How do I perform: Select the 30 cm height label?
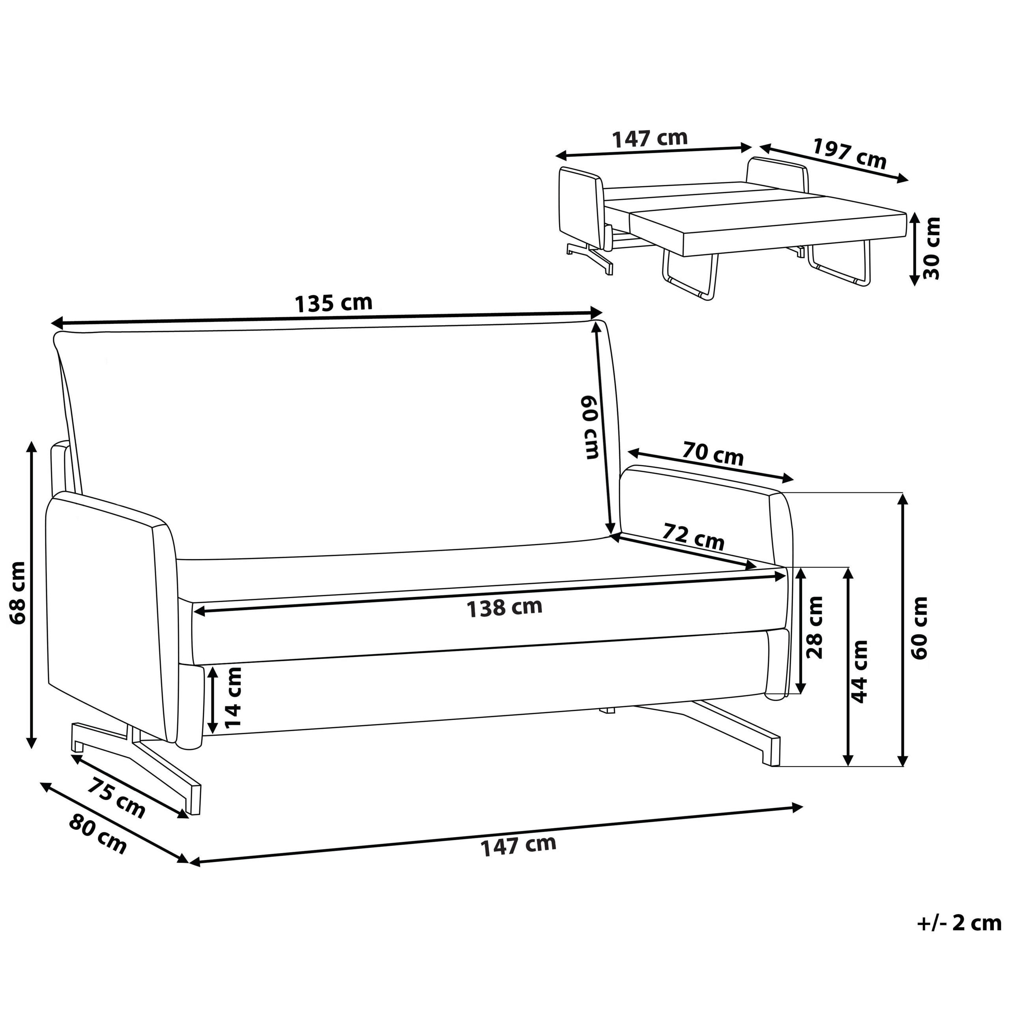coord(932,248)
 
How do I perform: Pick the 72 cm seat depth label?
coord(693,537)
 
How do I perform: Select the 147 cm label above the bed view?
coord(650,138)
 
